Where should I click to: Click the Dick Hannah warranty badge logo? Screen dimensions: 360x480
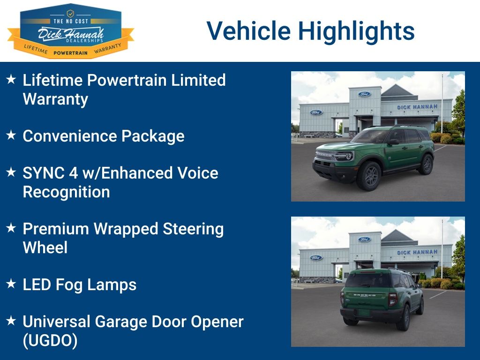coord(70,31)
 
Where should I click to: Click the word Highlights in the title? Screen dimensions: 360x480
coord(356,31)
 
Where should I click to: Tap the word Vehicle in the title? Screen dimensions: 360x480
coord(249,31)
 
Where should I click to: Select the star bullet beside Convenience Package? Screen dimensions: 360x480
coord(11,135)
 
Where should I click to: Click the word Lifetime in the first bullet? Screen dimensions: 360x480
coord(52,80)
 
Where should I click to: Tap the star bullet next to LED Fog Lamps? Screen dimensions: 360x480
coord(11,284)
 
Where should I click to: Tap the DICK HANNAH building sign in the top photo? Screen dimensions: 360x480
coord(417,107)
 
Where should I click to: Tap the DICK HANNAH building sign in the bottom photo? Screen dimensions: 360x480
coord(417,253)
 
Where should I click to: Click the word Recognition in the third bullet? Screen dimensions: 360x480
coord(67,192)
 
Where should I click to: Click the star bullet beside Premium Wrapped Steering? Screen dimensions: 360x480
coord(11,228)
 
